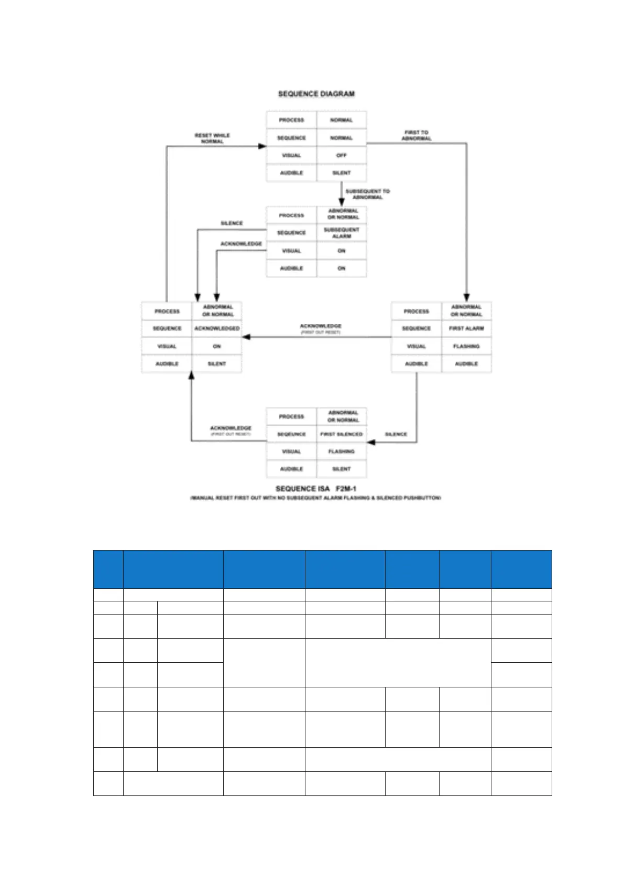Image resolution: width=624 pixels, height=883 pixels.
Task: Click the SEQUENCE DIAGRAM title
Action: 316,94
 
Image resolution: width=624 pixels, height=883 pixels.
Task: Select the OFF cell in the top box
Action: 341,155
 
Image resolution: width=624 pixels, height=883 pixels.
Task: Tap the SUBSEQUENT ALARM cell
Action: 341,233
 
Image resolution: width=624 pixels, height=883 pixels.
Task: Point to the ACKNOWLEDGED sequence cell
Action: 217,328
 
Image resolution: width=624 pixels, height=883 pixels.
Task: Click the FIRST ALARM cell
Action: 466,328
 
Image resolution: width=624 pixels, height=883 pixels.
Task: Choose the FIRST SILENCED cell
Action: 341,434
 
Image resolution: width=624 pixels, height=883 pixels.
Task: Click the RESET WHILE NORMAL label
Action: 212,138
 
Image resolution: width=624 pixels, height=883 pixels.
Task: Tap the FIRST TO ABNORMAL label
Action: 417,135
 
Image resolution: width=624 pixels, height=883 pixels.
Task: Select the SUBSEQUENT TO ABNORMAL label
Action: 368,194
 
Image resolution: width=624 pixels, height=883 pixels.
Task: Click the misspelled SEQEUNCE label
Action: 291,434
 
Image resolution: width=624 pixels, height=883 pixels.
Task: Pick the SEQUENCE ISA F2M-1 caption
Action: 316,489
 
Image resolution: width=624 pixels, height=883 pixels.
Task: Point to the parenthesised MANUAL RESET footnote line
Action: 316,498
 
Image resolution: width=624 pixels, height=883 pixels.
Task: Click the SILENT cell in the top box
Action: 341,173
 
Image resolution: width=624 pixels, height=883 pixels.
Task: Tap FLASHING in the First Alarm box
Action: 466,346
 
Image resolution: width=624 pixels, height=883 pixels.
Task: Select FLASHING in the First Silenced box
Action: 341,451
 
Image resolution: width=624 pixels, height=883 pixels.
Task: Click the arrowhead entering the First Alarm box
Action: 466,297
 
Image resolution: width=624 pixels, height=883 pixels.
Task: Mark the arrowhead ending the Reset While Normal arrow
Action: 262,146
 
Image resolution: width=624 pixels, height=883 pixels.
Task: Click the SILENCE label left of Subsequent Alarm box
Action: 232,223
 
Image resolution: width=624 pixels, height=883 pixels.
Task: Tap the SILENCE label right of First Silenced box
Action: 396,434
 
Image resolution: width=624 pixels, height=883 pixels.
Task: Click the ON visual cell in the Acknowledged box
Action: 217,346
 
